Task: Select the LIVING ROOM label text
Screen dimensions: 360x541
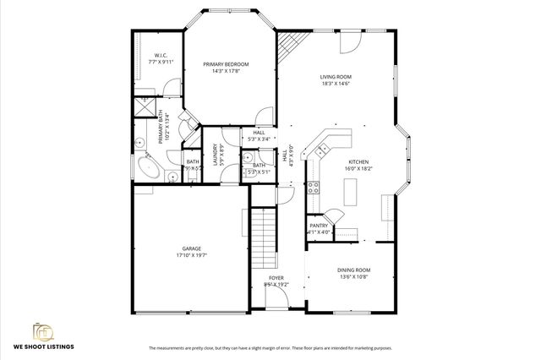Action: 335,77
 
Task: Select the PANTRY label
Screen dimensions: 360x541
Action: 319,226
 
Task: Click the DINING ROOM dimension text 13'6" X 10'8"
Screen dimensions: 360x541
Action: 355,276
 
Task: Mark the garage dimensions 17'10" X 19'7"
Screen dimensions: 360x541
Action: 192,254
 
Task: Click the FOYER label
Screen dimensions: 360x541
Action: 276,278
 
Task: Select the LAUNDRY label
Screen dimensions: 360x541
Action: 216,155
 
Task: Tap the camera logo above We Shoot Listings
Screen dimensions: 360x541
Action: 41,331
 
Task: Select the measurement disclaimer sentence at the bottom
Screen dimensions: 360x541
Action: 270,348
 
